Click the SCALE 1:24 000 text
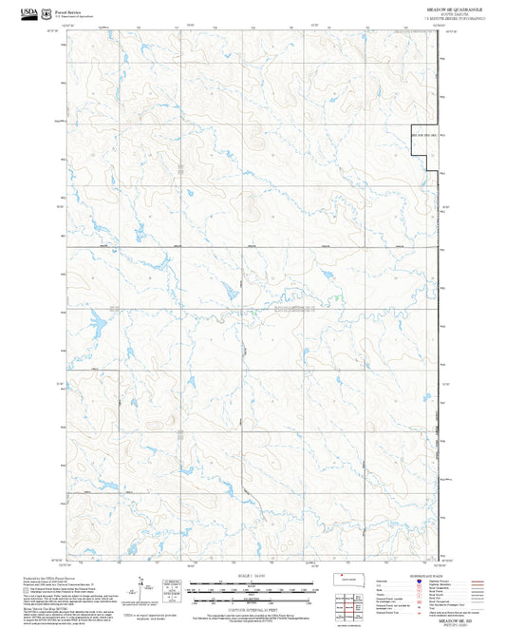tap(252, 576)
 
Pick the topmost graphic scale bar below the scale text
tap(252, 583)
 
